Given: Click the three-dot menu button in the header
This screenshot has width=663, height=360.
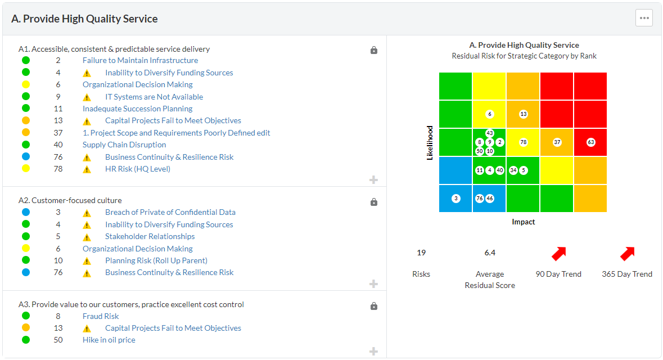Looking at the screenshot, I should [x=644, y=18].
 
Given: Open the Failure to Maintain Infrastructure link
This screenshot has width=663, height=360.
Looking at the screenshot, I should [x=140, y=60].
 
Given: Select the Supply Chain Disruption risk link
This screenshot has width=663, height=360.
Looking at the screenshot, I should [x=124, y=145].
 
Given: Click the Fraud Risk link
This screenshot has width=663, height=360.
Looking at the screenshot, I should [x=101, y=316].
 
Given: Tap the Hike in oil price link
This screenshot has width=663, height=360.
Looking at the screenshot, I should [x=109, y=340].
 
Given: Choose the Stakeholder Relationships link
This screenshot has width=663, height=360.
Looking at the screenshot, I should [x=150, y=236].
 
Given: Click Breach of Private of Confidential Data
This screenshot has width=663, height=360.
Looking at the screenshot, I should [x=170, y=212].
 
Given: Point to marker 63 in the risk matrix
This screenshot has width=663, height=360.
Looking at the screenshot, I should [x=591, y=142].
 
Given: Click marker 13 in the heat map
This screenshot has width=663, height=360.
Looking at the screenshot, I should [x=524, y=114].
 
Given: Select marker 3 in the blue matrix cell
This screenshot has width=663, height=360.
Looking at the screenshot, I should [x=456, y=199].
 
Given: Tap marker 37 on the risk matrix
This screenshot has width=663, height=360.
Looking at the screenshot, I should [x=557, y=142].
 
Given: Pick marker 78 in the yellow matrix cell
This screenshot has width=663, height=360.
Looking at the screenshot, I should [x=524, y=142].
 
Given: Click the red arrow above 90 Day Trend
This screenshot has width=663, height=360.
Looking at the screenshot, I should [x=558, y=254].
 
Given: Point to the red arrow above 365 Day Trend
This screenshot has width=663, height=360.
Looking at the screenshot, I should [x=627, y=254].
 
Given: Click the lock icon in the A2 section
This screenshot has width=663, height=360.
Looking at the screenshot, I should [x=374, y=202].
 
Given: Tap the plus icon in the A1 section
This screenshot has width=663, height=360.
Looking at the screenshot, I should [x=373, y=180].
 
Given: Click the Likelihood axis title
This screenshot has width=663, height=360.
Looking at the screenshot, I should [x=430, y=142].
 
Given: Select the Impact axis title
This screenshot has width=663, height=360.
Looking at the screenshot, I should [x=523, y=222].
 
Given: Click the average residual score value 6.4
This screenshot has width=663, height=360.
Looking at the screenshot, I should [x=490, y=253].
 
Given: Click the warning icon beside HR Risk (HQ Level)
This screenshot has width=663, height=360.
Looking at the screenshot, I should [x=87, y=169].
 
